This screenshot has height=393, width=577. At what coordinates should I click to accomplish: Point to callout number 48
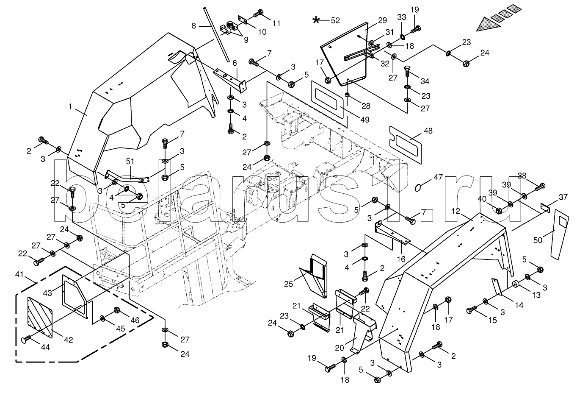428,131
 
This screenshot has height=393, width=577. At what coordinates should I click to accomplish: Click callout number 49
364,120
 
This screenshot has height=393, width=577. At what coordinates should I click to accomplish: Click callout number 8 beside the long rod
194,25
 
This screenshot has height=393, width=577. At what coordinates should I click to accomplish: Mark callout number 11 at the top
276,24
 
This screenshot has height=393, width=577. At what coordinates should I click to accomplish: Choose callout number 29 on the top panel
382,20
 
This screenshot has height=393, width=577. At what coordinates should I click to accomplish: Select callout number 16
400,258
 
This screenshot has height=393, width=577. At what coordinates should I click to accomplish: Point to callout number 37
563,197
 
